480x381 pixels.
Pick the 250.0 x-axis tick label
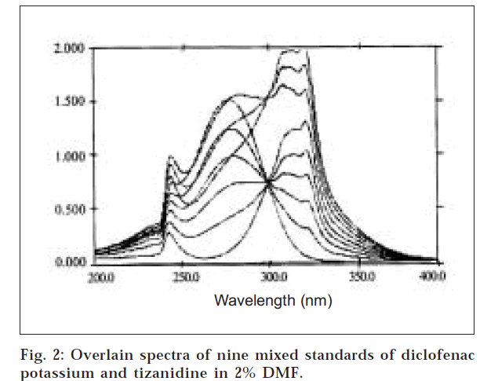click(186, 277)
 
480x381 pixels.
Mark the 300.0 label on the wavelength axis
click(271, 277)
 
